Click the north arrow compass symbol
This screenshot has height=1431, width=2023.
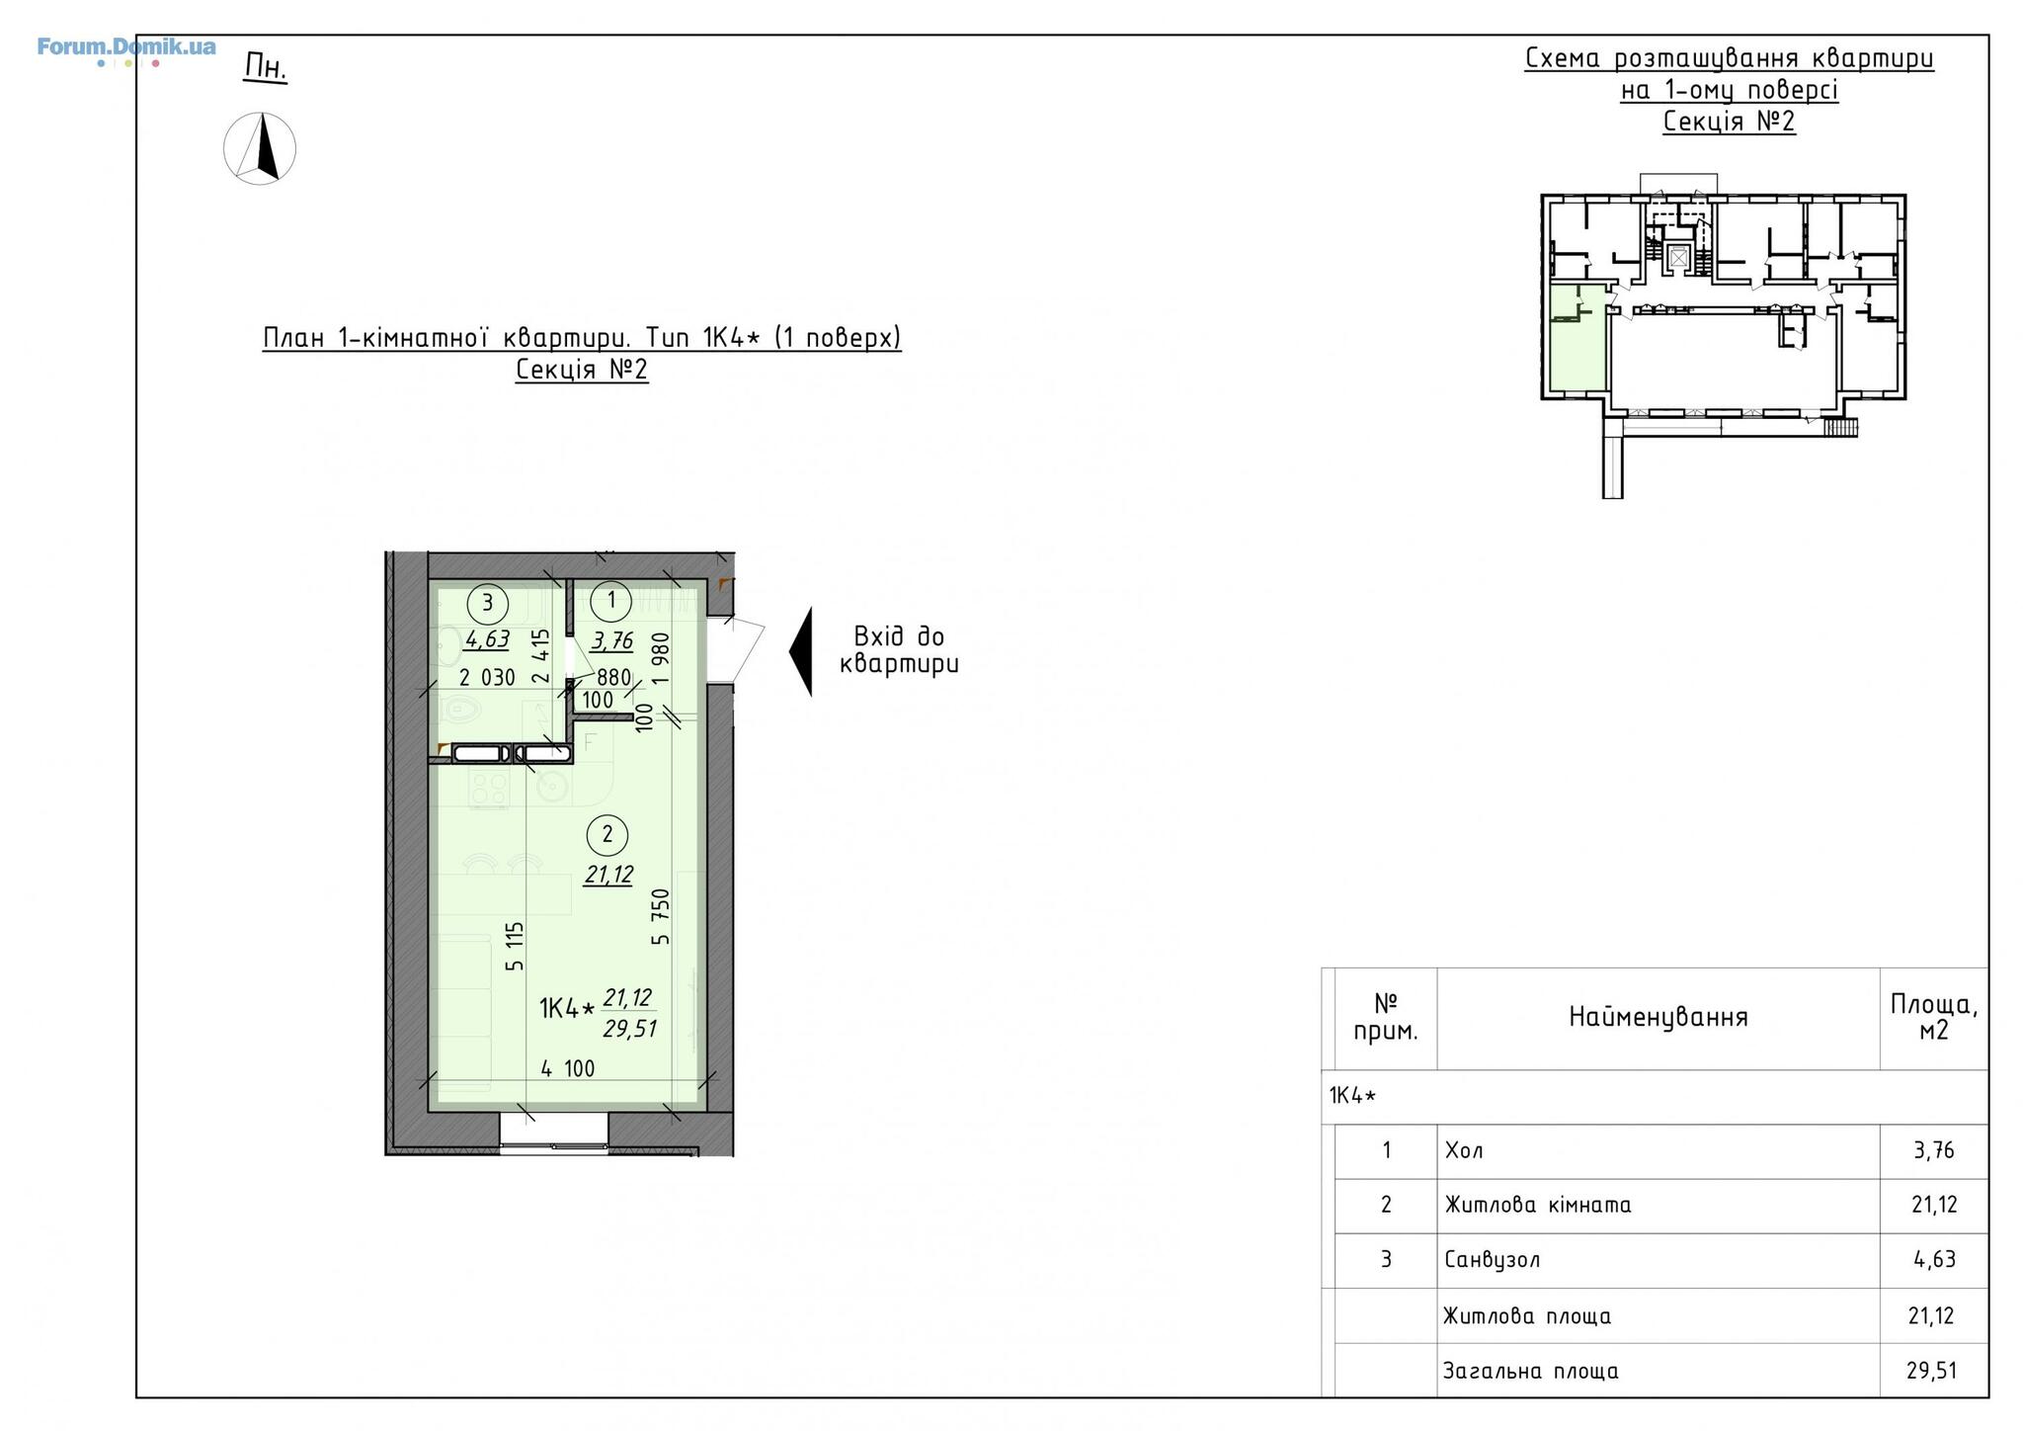[x=260, y=148]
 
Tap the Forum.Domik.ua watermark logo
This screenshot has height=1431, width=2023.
[x=126, y=48]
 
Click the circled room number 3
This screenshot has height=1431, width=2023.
[x=487, y=602]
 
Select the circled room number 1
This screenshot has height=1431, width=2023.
[x=611, y=600]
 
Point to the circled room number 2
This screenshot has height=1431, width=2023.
[x=607, y=835]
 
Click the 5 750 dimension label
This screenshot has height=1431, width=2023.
[x=661, y=916]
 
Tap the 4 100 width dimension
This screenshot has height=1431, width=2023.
[x=568, y=1068]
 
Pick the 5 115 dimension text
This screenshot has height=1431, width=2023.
[x=515, y=947]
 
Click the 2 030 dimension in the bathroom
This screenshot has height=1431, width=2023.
[x=487, y=678]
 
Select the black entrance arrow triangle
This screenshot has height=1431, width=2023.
[x=801, y=651]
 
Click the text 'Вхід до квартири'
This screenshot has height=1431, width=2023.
[x=899, y=650]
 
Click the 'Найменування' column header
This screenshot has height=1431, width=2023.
[x=1659, y=1017]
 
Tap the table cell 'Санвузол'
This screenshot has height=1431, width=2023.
[x=1492, y=1260]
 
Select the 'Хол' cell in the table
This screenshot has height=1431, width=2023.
[x=1464, y=1150]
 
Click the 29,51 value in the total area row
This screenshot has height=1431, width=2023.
[x=1931, y=1371]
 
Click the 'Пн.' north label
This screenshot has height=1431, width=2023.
[x=265, y=67]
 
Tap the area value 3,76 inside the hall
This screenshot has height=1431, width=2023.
[x=612, y=641]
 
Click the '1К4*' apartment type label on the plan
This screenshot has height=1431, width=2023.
[x=567, y=1009]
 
